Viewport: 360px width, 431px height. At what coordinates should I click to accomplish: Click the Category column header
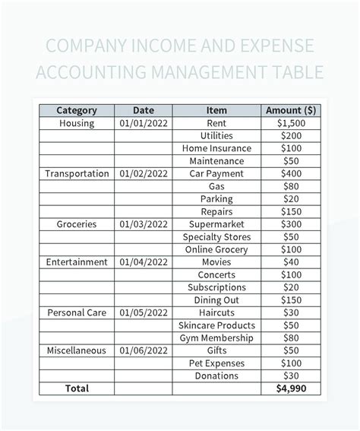(76, 110)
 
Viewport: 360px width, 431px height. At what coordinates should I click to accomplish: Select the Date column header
(144, 110)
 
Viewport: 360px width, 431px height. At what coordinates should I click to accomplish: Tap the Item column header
(216, 110)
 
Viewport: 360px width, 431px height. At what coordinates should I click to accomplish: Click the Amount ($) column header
(291, 110)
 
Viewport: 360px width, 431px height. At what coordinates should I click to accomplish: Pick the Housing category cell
(76, 123)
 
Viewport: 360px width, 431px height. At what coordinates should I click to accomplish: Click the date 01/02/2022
(144, 173)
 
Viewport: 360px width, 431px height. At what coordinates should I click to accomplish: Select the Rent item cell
(216, 123)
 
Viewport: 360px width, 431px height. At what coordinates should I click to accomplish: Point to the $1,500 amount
(291, 123)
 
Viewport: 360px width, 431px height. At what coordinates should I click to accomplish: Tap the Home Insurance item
(216, 148)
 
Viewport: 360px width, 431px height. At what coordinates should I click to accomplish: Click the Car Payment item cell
(216, 173)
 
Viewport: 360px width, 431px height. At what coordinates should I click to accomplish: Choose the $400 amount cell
(291, 173)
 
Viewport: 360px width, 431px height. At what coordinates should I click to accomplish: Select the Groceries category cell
(76, 224)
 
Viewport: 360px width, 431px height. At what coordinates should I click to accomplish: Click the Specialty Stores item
(216, 237)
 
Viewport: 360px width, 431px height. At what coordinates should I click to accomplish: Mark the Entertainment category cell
(76, 262)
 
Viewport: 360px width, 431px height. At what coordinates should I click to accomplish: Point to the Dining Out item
(216, 300)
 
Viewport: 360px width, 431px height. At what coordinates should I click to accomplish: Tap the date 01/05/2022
(144, 312)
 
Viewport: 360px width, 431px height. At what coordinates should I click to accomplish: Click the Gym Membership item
(216, 338)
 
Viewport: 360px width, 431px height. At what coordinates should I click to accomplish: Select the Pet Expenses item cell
(216, 363)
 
